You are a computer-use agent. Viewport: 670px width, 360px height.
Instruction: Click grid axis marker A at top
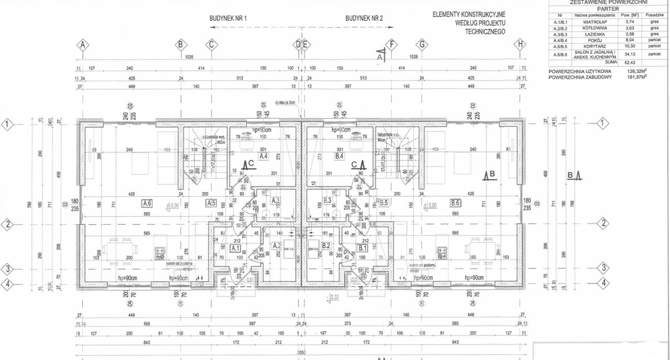[82, 44]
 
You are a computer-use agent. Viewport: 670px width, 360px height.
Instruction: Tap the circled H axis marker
[519, 44]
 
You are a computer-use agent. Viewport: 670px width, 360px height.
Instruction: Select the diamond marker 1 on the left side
[7, 125]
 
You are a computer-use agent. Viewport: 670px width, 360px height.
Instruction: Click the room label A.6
[147, 203]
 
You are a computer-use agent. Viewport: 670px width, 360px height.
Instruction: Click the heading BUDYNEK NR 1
[228, 18]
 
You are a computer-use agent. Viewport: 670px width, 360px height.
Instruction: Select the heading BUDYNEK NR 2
[364, 18]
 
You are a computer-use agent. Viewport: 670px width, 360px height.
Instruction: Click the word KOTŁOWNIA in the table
[594, 28]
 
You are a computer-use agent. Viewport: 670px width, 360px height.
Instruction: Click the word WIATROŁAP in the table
[594, 22]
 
